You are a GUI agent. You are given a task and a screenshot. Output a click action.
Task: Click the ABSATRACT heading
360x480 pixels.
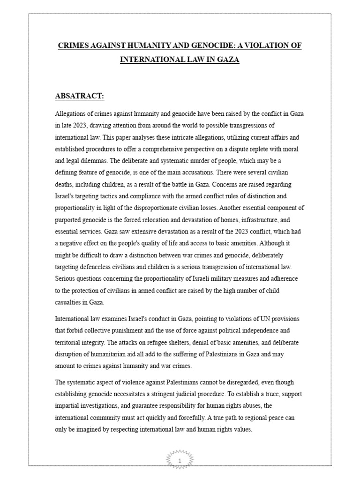pyautogui.click(x=80, y=96)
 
